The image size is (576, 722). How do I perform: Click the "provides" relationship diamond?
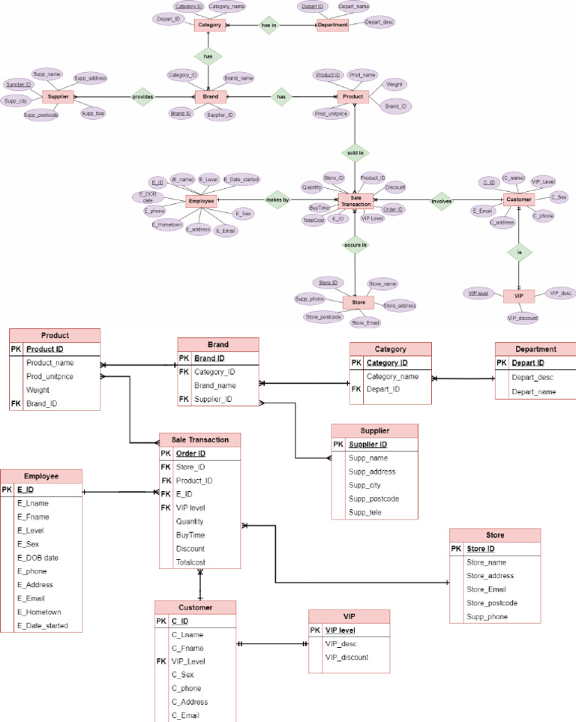143,97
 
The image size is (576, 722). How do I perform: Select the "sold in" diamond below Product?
355,152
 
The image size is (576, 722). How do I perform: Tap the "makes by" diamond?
277,200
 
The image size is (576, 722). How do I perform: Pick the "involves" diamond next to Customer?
442,200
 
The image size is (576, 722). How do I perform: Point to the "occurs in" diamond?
355,244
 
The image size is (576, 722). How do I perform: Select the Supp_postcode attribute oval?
40,115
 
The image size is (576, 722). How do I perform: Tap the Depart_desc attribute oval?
379,22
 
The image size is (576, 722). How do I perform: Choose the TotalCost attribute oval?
313,220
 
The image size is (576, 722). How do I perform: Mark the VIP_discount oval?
523,319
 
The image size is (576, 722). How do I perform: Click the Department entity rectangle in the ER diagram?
332,25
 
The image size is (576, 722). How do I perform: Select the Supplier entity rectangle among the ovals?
57,97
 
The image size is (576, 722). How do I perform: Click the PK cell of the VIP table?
315,631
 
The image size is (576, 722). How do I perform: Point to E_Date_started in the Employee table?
42,625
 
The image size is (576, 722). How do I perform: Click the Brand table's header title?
218,345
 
